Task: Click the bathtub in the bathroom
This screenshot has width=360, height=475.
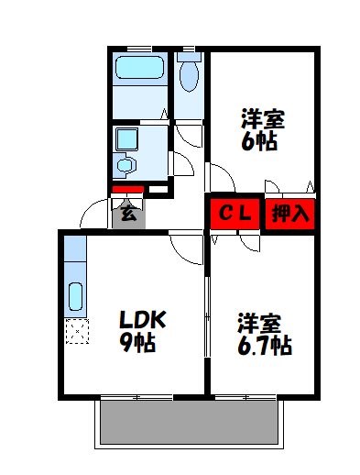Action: [x=139, y=70]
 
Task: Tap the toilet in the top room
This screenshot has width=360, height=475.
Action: [x=190, y=74]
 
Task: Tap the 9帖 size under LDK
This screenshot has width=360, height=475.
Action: [x=137, y=344]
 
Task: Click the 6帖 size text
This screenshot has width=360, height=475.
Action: [x=259, y=141]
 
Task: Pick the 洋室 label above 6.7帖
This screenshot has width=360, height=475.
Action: [x=259, y=323]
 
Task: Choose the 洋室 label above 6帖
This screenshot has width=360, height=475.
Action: [x=262, y=119]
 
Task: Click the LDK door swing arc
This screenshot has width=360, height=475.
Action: [x=186, y=245]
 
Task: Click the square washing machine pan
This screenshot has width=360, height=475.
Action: [x=126, y=139]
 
